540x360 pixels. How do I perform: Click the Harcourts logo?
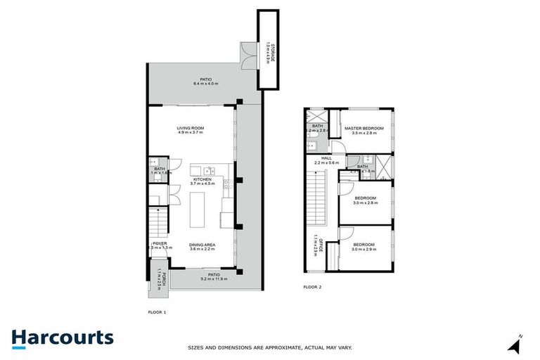[x=62, y=337]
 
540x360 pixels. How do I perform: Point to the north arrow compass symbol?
[x=517, y=344]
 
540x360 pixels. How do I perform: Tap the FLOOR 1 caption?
[x=157, y=311]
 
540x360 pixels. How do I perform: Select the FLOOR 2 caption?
[x=312, y=287]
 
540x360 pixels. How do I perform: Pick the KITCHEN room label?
[x=202, y=179]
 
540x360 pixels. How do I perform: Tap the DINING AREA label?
[x=202, y=245]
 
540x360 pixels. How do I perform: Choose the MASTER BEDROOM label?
[x=364, y=128]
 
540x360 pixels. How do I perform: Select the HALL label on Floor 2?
[x=326, y=158]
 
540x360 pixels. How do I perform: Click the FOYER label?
[x=160, y=243]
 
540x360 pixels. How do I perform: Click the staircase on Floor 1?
[x=159, y=224]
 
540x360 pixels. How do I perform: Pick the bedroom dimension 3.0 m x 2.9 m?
[x=364, y=250]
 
